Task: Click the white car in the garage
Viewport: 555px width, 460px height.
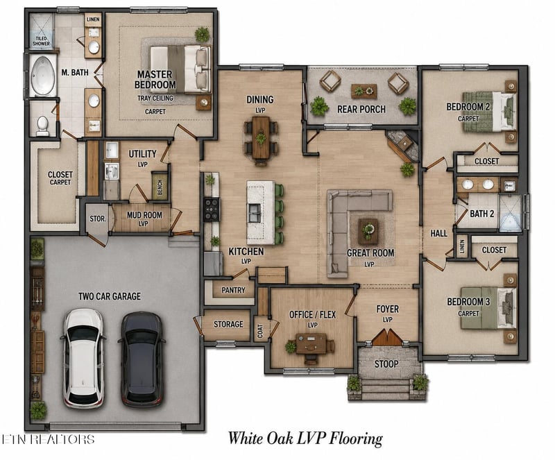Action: point(83,359)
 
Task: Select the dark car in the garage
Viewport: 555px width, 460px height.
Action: point(142,359)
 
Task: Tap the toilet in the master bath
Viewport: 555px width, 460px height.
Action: point(42,126)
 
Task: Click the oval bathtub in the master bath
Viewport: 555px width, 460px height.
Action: point(43,76)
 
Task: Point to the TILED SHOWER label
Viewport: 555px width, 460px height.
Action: point(41,41)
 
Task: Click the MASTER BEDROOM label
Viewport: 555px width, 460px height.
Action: point(155,79)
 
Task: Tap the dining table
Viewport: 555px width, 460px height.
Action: point(261,137)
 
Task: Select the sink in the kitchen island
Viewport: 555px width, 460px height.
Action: point(254,213)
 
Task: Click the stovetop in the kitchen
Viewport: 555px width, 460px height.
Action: point(212,210)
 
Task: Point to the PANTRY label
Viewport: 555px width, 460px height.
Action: point(233,290)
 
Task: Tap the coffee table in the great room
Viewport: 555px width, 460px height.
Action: point(368,231)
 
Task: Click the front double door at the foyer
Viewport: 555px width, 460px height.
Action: point(388,337)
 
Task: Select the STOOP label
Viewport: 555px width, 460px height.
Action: point(386,364)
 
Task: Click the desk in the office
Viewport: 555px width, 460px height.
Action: point(311,343)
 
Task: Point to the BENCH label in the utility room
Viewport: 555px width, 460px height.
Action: point(160,187)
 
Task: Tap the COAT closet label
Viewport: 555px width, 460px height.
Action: point(260,331)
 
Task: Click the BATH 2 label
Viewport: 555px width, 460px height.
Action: point(481,214)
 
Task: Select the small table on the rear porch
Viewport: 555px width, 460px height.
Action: point(364,92)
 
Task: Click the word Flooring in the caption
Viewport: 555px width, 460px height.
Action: point(356,438)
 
